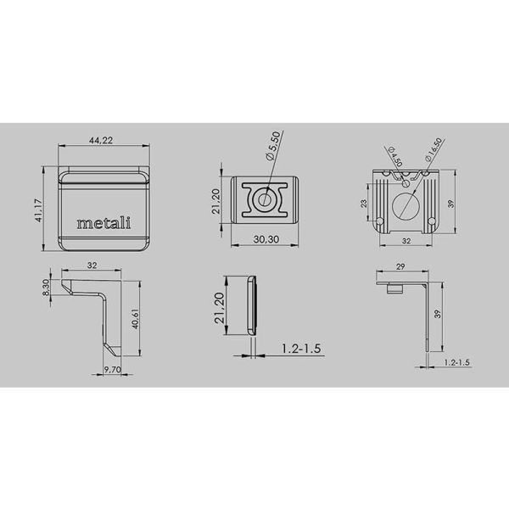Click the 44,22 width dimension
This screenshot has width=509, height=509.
pos(101,140)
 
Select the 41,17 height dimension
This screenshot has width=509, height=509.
pos(39,210)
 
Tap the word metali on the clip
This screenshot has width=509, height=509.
pos(103,222)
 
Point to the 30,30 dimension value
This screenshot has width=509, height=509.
pos(266,239)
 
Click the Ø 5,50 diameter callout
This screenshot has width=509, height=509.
pos(272,146)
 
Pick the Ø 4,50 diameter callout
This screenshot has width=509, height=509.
pos(395,157)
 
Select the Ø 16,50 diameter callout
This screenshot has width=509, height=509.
pos(433,149)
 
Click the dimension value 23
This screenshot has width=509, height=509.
pos(363,204)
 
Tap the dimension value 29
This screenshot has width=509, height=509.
pos(400,266)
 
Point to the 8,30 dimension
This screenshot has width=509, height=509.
pos(46,288)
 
